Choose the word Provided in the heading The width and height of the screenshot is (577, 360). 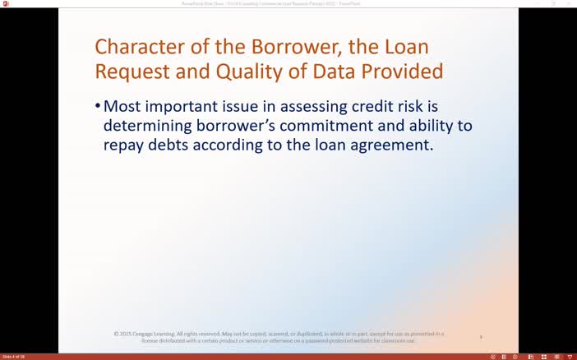(x=404, y=72)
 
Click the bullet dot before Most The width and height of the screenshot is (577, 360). (x=98, y=107)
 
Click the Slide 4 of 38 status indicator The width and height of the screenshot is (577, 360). (x=13, y=357)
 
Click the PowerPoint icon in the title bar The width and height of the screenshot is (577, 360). (x=6, y=4)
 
